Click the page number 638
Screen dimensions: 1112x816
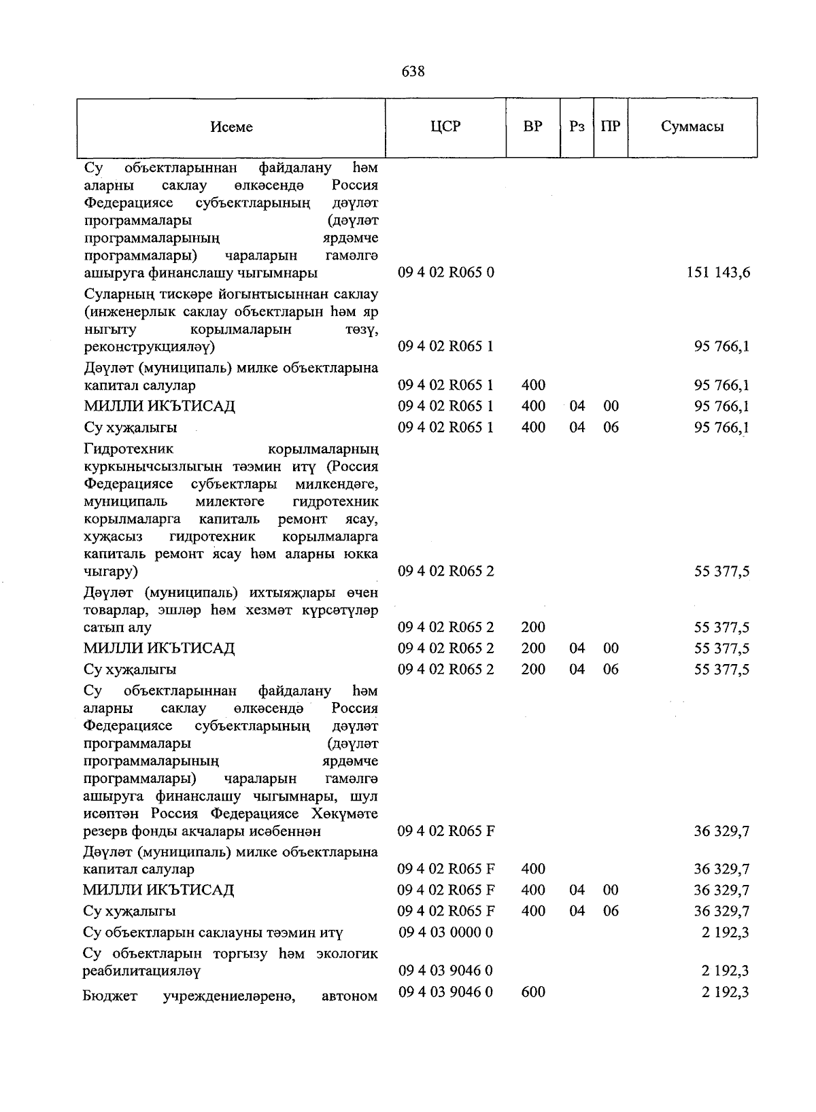413,71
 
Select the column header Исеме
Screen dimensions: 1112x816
231,127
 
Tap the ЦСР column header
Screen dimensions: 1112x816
445,126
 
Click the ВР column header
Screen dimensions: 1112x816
532,126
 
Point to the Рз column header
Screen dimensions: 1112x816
577,126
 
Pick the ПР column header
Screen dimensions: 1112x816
611,126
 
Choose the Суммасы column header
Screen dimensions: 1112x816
692,126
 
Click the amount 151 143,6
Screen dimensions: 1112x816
719,273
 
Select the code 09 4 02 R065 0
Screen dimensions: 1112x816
446,273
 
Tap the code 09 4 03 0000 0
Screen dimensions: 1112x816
445,932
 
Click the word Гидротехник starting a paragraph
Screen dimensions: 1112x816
129,449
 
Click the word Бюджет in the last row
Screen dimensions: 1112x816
109,996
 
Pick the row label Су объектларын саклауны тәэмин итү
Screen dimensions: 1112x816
213,933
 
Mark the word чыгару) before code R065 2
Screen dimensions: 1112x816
110,572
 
